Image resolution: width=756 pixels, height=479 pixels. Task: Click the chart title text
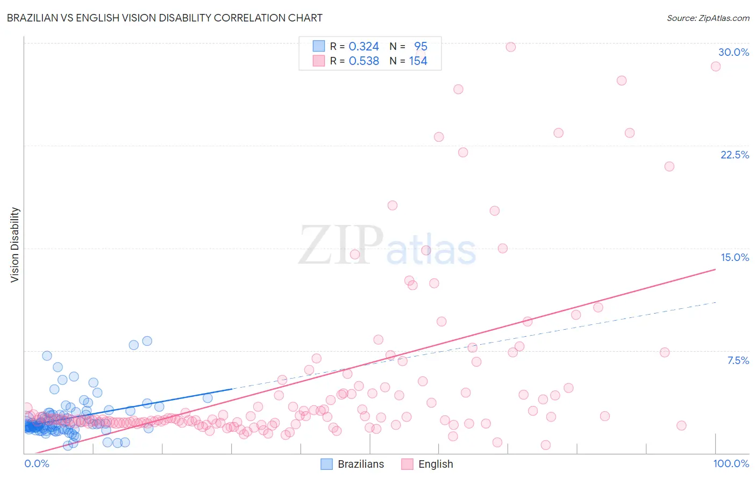(x=165, y=18)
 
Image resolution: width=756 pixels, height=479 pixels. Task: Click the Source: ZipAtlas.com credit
(x=708, y=18)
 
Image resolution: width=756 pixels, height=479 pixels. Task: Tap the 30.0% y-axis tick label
(x=733, y=52)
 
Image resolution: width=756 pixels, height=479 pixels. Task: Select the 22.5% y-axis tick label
(x=734, y=155)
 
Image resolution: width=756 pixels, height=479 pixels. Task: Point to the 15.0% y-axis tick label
(x=734, y=257)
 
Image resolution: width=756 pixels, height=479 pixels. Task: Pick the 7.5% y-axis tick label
(x=738, y=360)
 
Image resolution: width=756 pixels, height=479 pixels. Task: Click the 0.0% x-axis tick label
(x=37, y=463)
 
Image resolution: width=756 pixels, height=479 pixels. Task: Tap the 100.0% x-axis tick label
(x=731, y=463)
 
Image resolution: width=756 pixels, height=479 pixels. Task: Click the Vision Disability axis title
(x=15, y=245)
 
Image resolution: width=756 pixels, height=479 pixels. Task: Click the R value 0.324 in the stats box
(x=364, y=47)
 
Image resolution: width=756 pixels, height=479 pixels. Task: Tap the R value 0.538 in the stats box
(x=364, y=61)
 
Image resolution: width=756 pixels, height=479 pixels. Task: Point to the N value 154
(x=418, y=61)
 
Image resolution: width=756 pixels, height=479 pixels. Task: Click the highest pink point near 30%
(x=511, y=47)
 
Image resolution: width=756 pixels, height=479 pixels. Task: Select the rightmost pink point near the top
(x=716, y=67)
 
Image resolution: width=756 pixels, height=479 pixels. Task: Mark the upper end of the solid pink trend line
(x=716, y=269)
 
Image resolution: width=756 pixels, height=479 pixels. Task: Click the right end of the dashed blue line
(x=716, y=302)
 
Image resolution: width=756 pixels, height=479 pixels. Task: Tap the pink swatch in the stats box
(x=319, y=61)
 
